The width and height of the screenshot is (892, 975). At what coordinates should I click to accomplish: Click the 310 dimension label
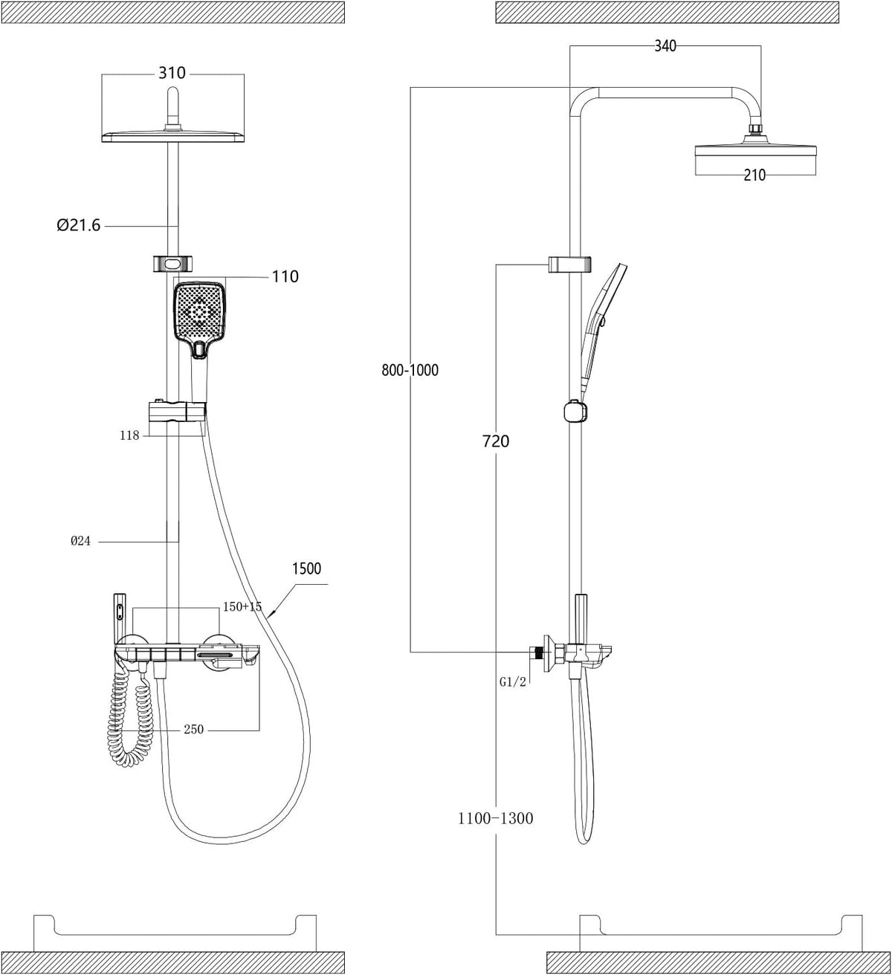(172, 73)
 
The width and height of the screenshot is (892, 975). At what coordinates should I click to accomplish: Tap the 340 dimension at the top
(665, 45)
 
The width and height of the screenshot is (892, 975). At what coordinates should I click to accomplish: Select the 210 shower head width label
(754, 175)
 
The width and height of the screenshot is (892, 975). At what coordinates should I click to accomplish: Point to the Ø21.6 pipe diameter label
(78, 225)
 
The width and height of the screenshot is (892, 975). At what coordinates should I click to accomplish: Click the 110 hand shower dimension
(285, 276)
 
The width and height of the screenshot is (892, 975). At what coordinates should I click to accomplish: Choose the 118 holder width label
(129, 435)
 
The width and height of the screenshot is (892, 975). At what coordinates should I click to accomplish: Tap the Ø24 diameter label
(81, 541)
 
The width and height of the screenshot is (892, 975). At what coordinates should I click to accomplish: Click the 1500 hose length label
(306, 569)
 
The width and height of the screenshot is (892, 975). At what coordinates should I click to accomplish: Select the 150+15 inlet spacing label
(242, 606)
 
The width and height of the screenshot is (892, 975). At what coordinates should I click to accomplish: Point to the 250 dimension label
(193, 729)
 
